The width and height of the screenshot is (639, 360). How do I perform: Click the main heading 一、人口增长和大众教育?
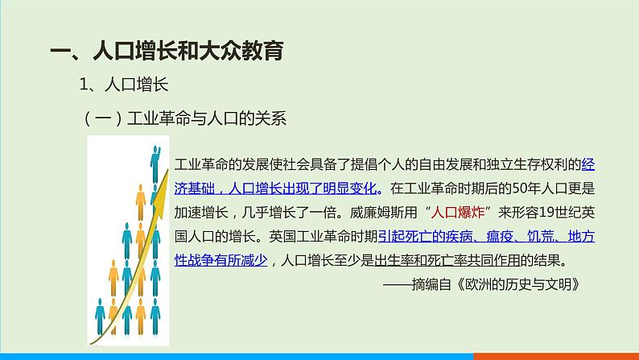coord(166,52)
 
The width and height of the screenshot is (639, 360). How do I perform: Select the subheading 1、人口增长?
coord(122,85)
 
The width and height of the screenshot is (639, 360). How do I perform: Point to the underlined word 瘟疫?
coord(491,237)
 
